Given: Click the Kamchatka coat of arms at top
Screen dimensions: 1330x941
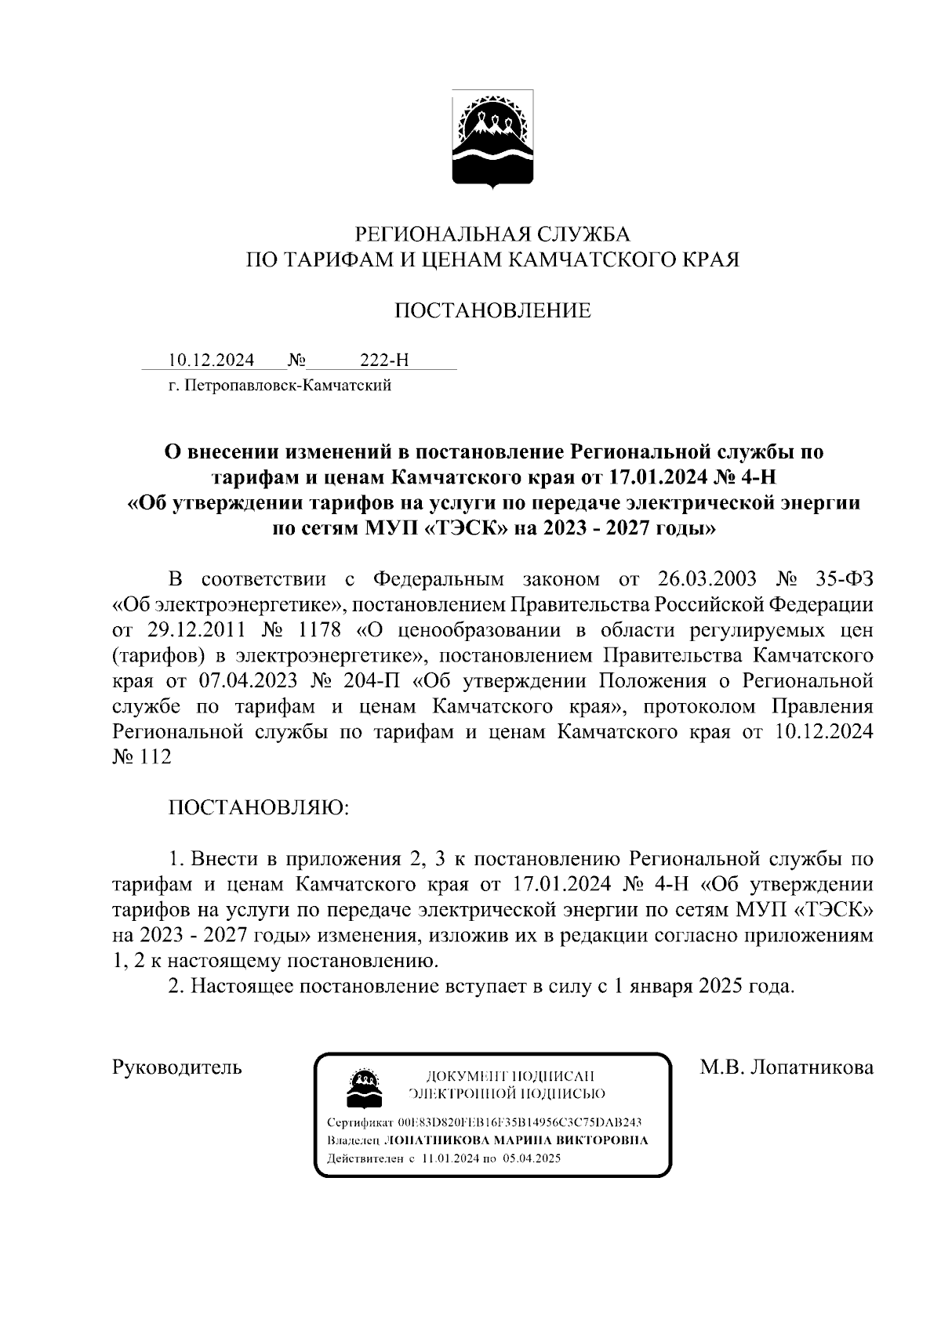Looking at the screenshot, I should click(492, 140).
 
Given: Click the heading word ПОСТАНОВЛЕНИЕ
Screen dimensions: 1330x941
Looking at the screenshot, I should click(492, 311).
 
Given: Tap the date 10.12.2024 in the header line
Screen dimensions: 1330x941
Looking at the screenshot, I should click(211, 361).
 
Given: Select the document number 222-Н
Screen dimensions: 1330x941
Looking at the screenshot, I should click(384, 361).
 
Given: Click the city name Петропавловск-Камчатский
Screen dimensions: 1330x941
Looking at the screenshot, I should click(288, 386).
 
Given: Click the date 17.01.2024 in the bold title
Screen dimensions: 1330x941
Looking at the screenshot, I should click(666, 477).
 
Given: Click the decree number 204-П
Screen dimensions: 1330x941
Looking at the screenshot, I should click(371, 681).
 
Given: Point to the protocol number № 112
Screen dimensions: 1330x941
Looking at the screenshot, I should click(142, 758).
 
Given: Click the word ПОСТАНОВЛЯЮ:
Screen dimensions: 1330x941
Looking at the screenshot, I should click(259, 808).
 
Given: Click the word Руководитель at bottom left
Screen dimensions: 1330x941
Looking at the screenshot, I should click(177, 1067).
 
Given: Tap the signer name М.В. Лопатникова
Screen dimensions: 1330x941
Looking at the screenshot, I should click(787, 1067).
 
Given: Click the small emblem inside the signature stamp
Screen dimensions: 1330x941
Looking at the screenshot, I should click(363, 1086).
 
